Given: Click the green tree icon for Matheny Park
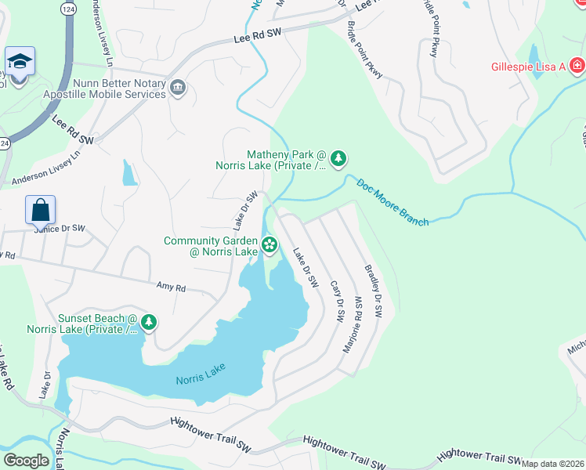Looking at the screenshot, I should coord(338,159).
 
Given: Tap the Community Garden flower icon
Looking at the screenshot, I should coord(269,245).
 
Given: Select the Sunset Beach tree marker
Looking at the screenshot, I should coord(149,323).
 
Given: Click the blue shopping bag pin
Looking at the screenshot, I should coord(40,210).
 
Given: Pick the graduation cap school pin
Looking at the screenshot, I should coord(18,61).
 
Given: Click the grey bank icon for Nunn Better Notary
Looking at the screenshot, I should coord(178,87).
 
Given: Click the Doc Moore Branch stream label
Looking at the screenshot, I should coord(392,203).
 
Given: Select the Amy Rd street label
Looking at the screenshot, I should coord(171,287).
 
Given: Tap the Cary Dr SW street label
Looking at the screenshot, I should coord(338,302).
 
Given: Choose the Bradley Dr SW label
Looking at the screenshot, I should coord(373,291).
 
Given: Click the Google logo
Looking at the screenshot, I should coord(26,461).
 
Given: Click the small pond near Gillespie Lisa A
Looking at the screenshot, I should coord(534,56).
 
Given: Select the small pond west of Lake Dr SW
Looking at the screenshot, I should coord(129,173).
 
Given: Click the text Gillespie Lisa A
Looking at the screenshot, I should coord(529,67).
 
